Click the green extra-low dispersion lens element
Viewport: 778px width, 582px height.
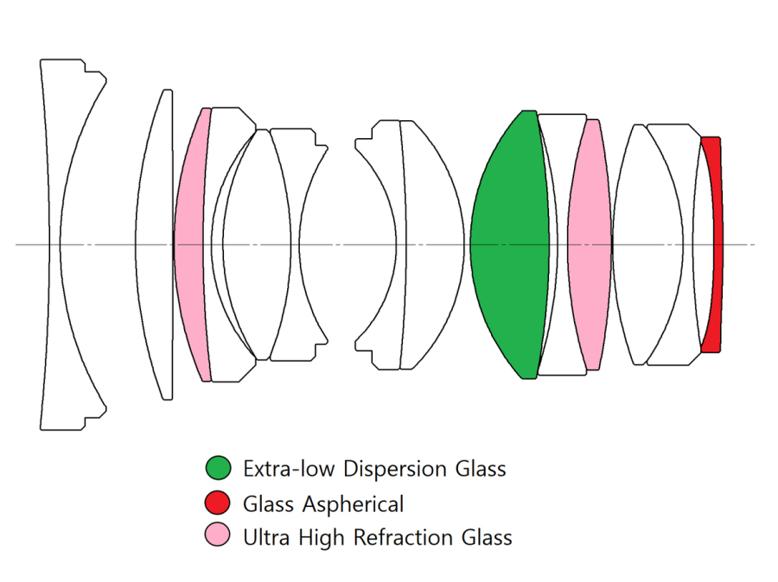coord(510,244)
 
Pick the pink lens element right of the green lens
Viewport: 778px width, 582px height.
coord(590,244)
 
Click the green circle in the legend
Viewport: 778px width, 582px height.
coord(219,469)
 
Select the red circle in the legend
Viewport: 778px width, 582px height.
coord(219,503)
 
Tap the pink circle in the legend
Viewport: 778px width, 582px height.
coord(219,537)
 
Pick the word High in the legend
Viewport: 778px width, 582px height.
coord(322,537)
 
